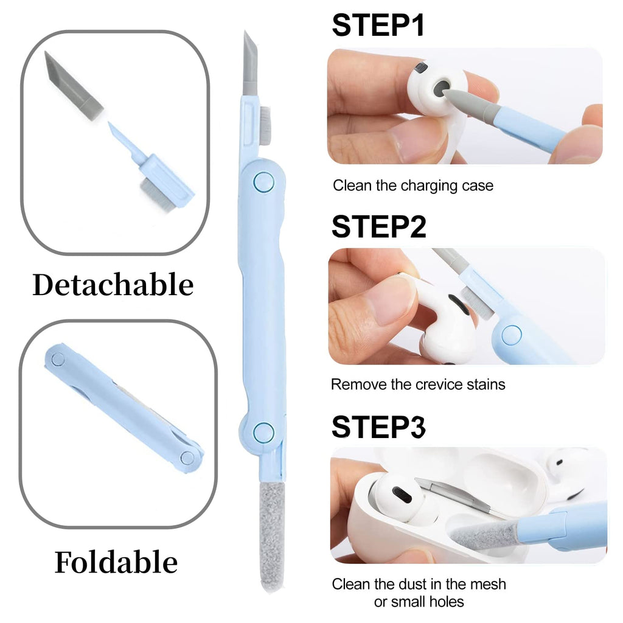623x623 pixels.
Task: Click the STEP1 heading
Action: tap(378, 26)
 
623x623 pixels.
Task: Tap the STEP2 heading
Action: tap(378, 227)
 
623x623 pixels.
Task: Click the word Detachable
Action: tap(113, 285)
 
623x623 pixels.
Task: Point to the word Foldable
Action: tap(116, 562)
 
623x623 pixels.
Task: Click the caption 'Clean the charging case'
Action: tap(413, 186)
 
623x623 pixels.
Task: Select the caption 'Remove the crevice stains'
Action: tap(418, 385)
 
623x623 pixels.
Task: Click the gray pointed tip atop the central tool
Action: tap(250, 63)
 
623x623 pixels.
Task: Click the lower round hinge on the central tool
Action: tap(263, 433)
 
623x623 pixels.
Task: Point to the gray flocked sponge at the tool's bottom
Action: tap(272, 537)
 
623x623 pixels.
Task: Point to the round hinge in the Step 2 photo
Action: tap(511, 335)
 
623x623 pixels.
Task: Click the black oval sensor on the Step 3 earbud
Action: tap(402, 495)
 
